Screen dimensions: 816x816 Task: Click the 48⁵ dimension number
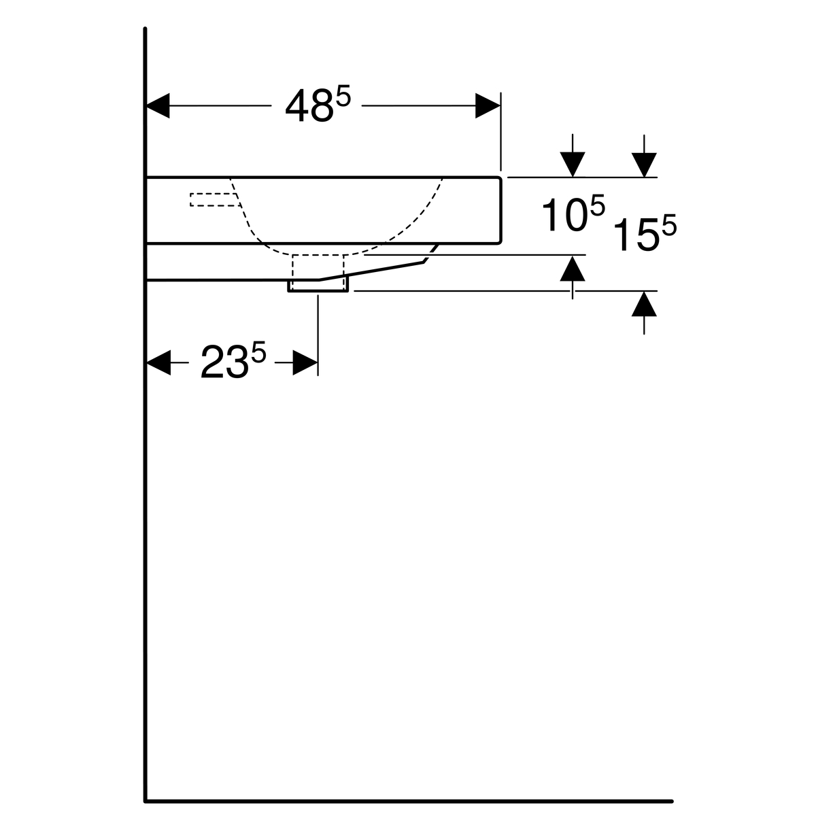[318, 105]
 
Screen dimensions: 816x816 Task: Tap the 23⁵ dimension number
[233, 360]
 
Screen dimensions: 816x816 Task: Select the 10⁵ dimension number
[574, 213]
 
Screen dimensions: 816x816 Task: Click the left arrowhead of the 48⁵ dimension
[158, 105]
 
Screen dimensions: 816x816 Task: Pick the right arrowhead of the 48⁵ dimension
[488, 105]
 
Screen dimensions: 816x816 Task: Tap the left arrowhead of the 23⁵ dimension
[158, 362]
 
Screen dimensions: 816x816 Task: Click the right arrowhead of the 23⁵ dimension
[305, 362]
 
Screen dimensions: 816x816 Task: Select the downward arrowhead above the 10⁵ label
[573, 165]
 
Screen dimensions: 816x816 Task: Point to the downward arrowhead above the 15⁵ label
[644, 165]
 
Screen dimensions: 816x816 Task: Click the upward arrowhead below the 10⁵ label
[573, 269]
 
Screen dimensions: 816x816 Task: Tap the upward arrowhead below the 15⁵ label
[644, 304]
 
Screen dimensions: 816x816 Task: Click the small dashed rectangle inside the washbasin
[215, 200]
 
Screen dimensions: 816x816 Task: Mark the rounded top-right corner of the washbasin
[500, 178]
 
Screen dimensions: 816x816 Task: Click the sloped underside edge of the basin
[371, 271]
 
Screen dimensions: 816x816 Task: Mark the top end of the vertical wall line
[146, 29]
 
